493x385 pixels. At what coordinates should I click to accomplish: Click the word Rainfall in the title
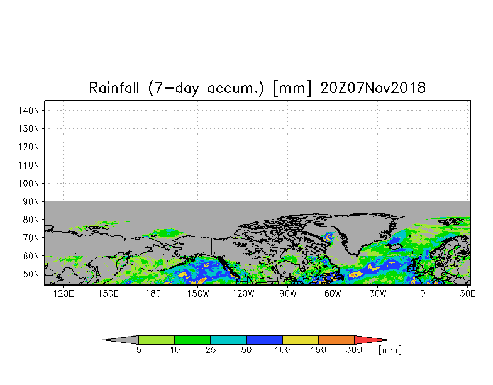[x=114, y=88]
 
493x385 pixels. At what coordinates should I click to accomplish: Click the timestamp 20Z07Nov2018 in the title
[x=373, y=88]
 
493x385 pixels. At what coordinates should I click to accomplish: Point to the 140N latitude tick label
[x=29, y=111]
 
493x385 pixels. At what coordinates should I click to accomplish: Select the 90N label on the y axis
[x=31, y=201]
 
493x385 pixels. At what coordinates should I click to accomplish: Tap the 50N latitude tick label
[x=31, y=274]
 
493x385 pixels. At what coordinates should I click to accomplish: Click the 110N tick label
[x=29, y=165]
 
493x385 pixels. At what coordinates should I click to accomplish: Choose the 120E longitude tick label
[x=63, y=293]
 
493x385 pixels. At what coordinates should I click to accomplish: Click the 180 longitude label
[x=153, y=293]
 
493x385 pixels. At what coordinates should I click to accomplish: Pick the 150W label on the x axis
[x=198, y=293]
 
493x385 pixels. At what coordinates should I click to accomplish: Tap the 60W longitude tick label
[x=333, y=293]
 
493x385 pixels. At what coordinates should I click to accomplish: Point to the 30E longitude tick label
[x=468, y=293]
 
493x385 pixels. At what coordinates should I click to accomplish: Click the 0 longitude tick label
[x=423, y=293]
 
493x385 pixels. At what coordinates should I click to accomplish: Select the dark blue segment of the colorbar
[x=264, y=340]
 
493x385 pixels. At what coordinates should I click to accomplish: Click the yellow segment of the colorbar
[x=301, y=340]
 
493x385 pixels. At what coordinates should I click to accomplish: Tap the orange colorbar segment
[x=336, y=340]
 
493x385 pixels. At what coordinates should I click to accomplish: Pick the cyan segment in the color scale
[x=228, y=340]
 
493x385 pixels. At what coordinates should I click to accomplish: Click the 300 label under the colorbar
[x=354, y=350]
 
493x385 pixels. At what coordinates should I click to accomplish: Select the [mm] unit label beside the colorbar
[x=390, y=350]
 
